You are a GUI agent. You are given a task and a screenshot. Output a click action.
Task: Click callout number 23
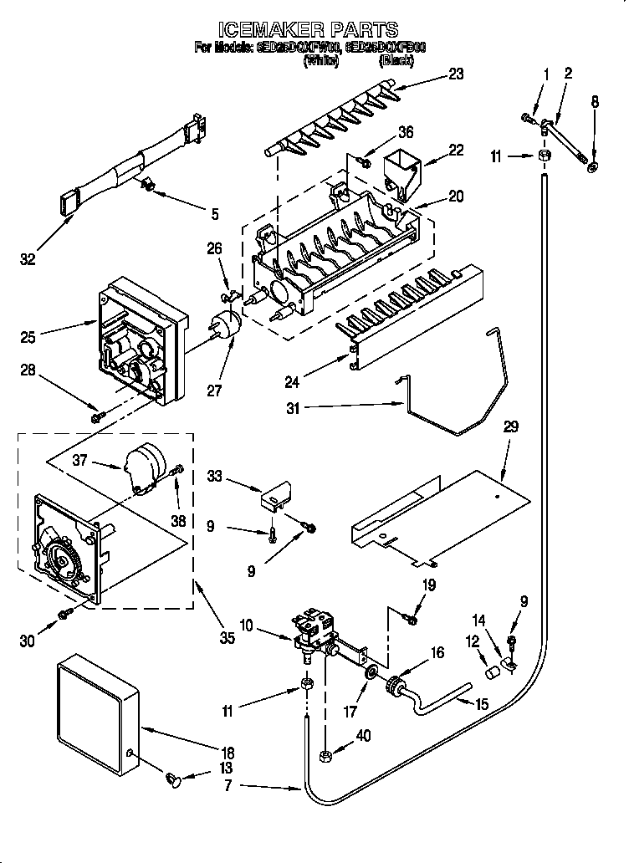[x=455, y=73]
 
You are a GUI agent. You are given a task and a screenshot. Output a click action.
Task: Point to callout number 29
[x=510, y=427]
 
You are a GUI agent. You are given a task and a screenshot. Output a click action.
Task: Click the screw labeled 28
[x=97, y=412]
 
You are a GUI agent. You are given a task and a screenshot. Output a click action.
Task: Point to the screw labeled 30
[x=63, y=616]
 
